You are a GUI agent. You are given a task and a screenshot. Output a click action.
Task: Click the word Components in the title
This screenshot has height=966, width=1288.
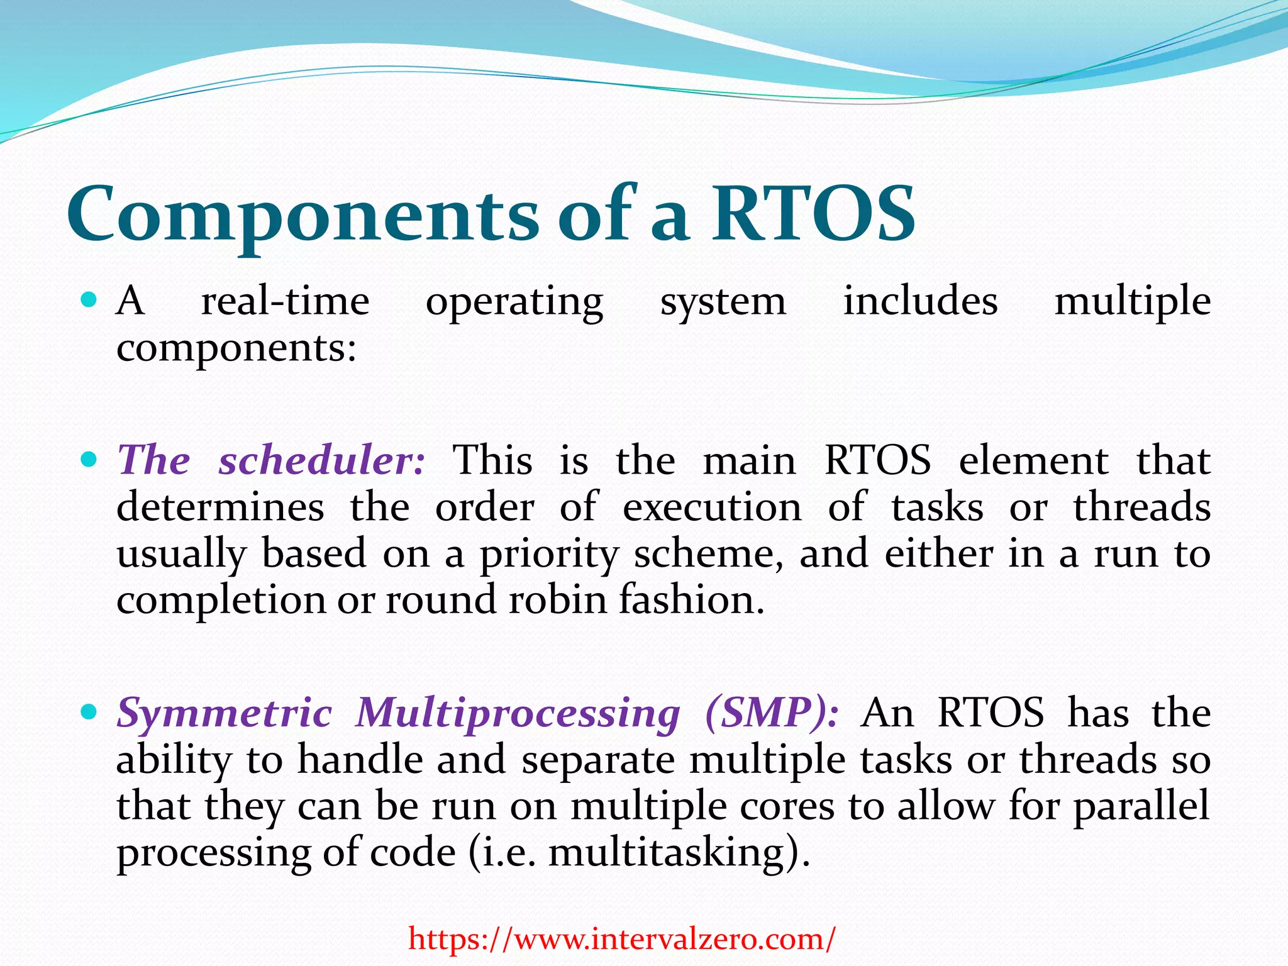[302, 215]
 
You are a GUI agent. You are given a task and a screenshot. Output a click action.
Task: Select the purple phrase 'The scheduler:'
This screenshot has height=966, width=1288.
[271, 460]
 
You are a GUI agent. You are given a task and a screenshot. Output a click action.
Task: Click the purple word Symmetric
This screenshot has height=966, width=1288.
[224, 713]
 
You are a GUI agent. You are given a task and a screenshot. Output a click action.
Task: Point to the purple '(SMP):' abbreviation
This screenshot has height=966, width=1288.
[771, 713]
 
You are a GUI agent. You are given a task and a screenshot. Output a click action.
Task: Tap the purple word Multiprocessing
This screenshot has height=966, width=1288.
[517, 713]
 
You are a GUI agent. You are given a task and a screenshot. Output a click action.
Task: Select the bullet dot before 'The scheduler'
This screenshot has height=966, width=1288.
[89, 458]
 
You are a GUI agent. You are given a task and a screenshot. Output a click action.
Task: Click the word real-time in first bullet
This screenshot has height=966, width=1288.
[285, 301]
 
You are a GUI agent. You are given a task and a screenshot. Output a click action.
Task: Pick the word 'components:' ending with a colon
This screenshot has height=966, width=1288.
[236, 349]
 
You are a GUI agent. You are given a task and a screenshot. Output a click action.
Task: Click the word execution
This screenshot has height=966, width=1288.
[712, 507]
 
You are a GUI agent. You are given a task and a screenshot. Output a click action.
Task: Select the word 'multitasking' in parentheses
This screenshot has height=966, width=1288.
[667, 853]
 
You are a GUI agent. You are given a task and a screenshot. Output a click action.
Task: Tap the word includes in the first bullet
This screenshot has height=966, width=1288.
[920, 301]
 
